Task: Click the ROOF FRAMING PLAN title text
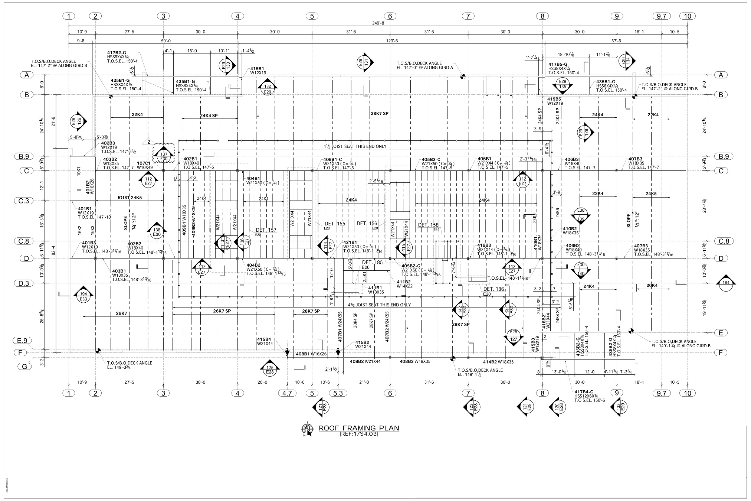click(x=359, y=428)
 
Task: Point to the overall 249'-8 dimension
click(x=378, y=23)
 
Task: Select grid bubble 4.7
click(x=287, y=393)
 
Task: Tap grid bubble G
click(x=25, y=366)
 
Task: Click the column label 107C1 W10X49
click(x=144, y=165)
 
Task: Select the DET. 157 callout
click(x=266, y=230)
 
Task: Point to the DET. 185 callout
click(x=372, y=263)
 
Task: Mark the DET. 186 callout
click(x=493, y=289)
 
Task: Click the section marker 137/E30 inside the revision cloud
click(x=164, y=156)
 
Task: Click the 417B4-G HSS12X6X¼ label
click(x=589, y=396)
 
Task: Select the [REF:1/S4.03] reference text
click(x=359, y=434)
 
